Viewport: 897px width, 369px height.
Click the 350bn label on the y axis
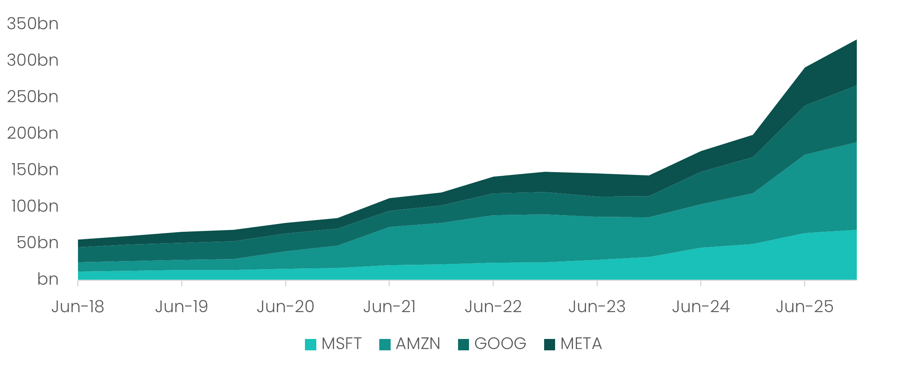click(x=32, y=24)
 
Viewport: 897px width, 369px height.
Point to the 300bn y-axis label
click(x=32, y=60)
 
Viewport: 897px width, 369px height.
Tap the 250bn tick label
click(x=32, y=97)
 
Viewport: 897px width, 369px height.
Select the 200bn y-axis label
click(x=32, y=134)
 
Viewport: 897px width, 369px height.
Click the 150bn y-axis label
click(x=35, y=170)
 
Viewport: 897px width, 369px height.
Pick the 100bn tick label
click(x=35, y=207)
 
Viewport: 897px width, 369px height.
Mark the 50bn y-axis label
click(x=37, y=243)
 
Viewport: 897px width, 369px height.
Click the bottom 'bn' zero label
click(x=48, y=280)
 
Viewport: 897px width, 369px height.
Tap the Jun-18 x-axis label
click(x=78, y=307)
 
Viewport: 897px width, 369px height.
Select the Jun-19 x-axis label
click(x=182, y=307)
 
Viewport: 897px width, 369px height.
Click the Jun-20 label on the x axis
click(x=285, y=307)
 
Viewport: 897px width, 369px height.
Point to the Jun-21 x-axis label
click(x=389, y=307)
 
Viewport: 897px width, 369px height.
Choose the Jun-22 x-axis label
click(x=493, y=307)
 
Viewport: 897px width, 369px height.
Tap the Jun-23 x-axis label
click(x=597, y=307)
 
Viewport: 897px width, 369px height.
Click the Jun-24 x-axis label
click(x=701, y=307)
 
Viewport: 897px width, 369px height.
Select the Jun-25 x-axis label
click(x=804, y=307)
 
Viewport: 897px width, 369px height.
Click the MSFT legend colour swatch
click(x=311, y=345)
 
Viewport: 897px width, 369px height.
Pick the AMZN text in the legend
click(x=418, y=344)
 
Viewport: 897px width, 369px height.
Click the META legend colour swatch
click(x=549, y=345)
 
